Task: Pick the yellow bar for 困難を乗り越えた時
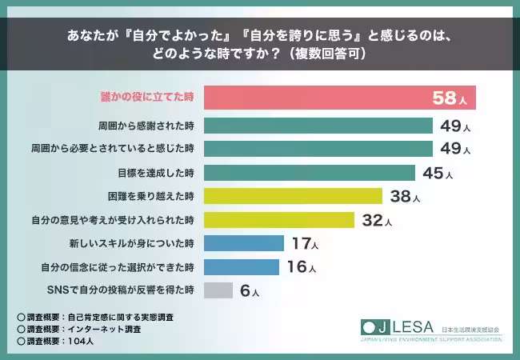point(293,196)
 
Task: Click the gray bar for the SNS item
point(218,290)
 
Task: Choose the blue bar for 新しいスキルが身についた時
point(244,243)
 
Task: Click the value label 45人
point(437,174)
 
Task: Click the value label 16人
point(301,267)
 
